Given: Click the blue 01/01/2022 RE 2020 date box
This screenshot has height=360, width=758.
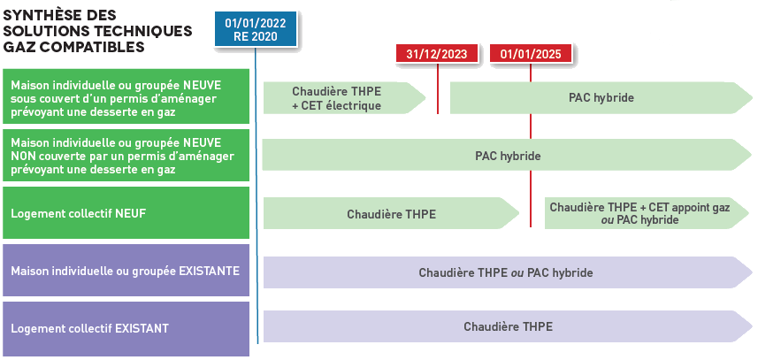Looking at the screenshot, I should point(256,29).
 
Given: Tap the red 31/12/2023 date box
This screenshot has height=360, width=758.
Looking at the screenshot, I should point(437,54).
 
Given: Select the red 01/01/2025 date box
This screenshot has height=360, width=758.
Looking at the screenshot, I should point(531,54).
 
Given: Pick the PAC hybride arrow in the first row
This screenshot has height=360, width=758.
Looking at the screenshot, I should point(601,97).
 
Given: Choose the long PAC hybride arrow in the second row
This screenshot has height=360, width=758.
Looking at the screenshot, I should point(507,155).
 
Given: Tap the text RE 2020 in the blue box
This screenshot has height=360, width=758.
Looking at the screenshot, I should point(256,36).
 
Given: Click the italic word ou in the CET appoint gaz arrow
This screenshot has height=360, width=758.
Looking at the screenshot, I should point(607,219).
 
